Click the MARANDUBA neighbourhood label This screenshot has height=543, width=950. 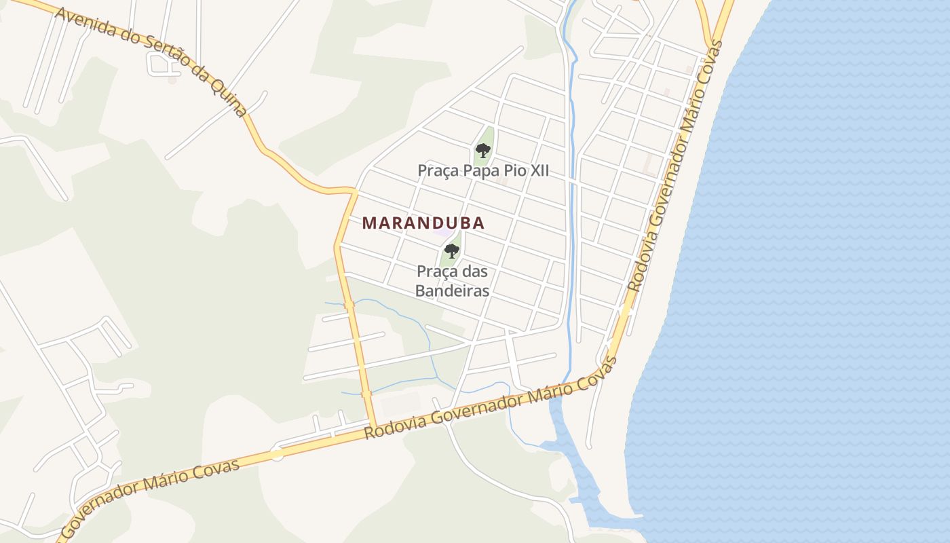point(423,223)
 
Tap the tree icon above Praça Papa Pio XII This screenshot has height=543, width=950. point(482,150)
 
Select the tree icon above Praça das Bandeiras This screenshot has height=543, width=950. point(451,250)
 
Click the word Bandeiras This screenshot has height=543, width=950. point(453,291)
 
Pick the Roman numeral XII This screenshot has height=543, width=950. point(537,170)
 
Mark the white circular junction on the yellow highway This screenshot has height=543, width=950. point(277,453)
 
